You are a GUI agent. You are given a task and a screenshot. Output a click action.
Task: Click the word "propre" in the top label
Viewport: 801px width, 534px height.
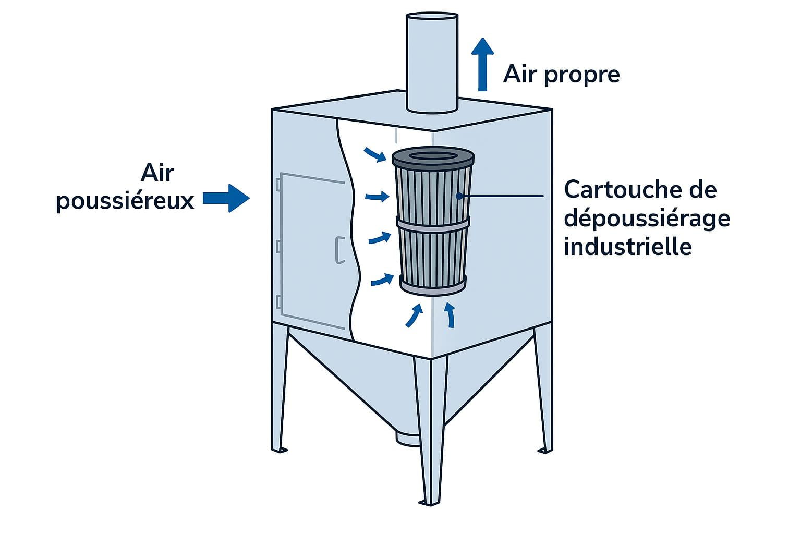[582, 75]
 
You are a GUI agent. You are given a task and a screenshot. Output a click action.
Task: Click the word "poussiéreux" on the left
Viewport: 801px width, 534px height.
[125, 201]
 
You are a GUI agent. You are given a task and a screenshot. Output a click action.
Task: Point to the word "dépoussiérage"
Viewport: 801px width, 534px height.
[647, 219]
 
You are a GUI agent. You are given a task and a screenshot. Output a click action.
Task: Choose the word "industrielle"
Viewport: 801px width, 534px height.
[628, 246]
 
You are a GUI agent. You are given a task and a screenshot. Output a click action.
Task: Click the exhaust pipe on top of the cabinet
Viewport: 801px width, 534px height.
[432, 63]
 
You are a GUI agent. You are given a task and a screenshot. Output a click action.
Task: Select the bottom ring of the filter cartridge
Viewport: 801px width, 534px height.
[433, 286]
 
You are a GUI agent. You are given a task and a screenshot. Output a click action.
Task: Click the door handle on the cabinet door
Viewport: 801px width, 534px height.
[339, 250]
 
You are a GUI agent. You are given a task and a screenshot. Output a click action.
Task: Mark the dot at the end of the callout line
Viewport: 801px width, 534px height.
[459, 196]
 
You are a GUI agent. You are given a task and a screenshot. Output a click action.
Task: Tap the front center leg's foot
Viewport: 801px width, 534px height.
[429, 502]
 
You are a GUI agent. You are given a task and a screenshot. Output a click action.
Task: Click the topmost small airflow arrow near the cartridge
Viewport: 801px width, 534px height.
[375, 154]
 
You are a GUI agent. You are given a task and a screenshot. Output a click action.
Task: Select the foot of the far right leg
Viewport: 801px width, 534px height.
[545, 449]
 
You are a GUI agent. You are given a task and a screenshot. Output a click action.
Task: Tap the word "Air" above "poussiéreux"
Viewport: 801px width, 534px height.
[157, 173]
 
